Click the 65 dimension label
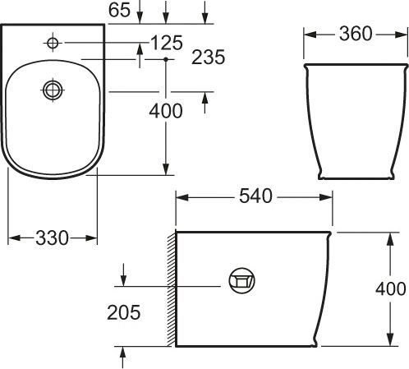tap(119, 10)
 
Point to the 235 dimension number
tap(208, 58)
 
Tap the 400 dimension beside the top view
tap(167, 112)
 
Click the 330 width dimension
tap(52, 238)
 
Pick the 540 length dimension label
tap(255, 197)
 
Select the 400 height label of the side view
tap(390, 288)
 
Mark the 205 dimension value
tap(124, 312)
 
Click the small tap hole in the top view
tap(53, 42)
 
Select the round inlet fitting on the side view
tap(241, 281)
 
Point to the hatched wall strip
tap(170, 288)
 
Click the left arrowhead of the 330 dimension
tap(12, 238)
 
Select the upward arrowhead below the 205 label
tap(123, 352)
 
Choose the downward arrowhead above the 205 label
tap(123, 277)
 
